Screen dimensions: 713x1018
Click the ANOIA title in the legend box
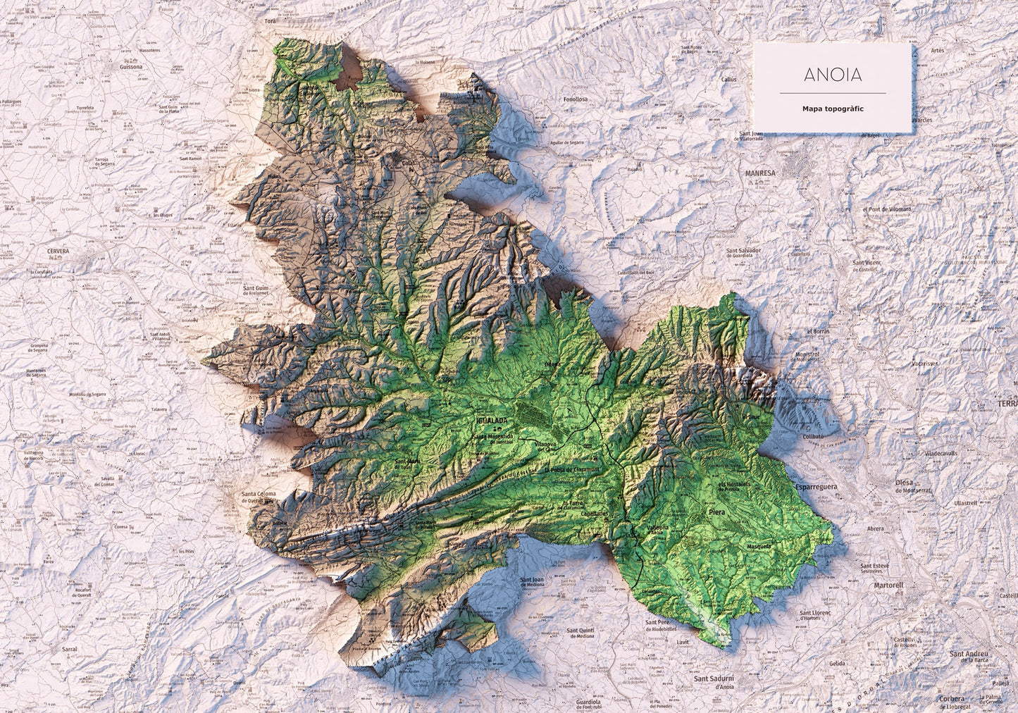(x=832, y=75)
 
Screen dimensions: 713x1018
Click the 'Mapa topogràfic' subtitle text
(x=832, y=109)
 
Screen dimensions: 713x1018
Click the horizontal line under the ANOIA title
(x=832, y=93)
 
